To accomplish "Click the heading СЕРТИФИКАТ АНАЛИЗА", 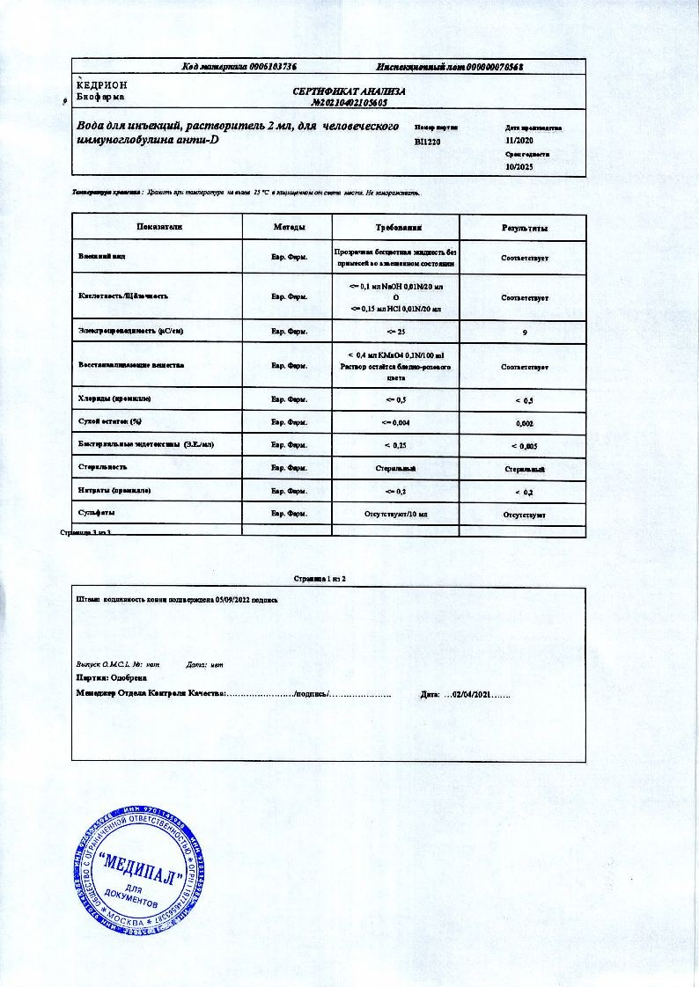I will [349, 91].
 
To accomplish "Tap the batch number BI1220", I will [428, 141].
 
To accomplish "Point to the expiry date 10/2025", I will [519, 165].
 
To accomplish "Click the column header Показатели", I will [159, 228].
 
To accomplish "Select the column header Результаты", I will [525, 229].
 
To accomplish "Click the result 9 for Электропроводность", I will [525, 333].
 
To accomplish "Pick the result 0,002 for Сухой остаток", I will [525, 423].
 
